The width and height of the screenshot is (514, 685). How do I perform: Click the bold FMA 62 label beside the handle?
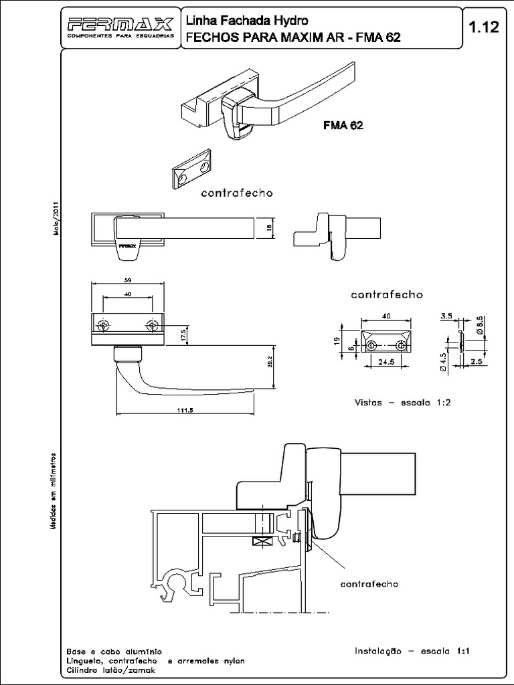343,125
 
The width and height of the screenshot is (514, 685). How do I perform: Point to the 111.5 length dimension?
177,411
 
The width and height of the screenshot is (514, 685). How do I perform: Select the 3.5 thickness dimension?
446,314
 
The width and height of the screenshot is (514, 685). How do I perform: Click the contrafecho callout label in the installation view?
369,584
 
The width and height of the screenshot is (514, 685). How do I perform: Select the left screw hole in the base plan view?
102,326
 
